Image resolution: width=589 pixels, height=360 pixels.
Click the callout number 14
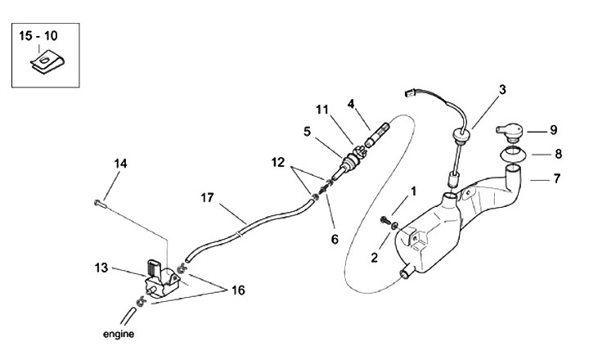[x=120, y=164]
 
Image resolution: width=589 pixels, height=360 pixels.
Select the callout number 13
[x=101, y=267]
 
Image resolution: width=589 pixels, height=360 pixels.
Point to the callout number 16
[x=238, y=290]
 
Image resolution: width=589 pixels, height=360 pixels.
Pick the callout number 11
[x=321, y=109]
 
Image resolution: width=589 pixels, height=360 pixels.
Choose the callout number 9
[x=552, y=129]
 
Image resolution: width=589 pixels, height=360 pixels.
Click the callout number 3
[x=501, y=88]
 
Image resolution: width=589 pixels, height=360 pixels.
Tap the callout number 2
[x=374, y=258]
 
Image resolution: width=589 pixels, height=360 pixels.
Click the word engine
[x=118, y=334]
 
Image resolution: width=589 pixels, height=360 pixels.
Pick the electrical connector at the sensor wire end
[x=412, y=92]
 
